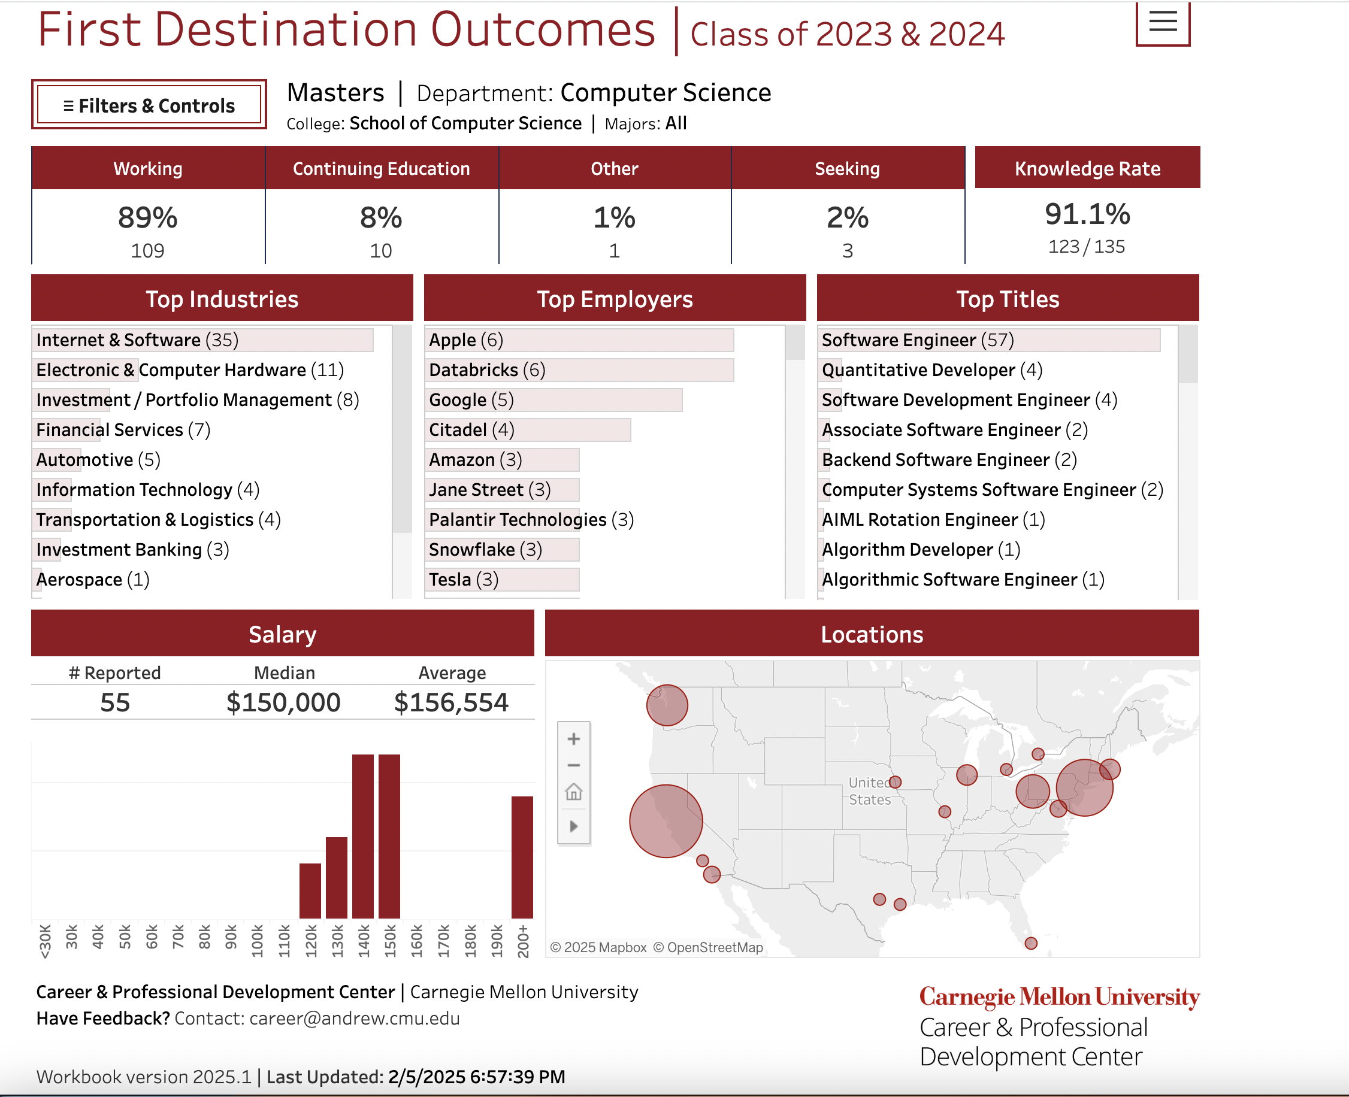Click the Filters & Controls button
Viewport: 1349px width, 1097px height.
coord(149,105)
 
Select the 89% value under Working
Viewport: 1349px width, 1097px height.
coord(147,218)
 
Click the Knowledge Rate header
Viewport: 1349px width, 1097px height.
coord(1087,169)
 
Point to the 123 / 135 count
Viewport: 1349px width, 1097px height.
coord(1086,247)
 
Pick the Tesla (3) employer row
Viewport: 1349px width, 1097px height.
coord(464,580)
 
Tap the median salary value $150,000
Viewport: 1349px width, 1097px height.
coord(283,702)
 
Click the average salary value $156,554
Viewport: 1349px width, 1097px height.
coord(450,702)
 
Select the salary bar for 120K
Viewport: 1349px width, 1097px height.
coord(310,890)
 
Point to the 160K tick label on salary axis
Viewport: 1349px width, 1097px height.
coord(416,941)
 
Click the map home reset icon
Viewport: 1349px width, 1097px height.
coord(573,792)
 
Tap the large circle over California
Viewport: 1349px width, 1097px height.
coord(666,821)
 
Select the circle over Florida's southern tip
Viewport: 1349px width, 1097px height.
coord(1031,944)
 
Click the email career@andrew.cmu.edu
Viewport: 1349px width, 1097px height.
coord(354,1019)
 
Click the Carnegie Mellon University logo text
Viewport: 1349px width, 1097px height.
coord(1059,997)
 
